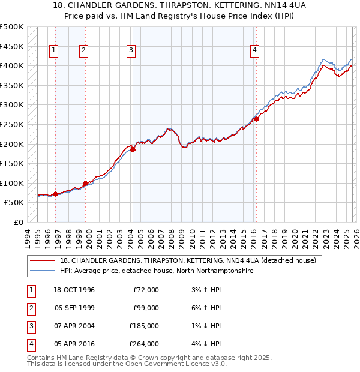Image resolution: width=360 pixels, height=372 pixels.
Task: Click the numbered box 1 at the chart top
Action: coord(54,51)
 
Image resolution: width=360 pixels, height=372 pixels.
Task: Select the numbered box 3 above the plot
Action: coord(130,51)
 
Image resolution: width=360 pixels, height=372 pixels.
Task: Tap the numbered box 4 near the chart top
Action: coord(255,51)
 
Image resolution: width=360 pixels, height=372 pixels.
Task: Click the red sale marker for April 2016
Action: coord(256,119)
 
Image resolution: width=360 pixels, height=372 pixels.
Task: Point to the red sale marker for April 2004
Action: coord(133,150)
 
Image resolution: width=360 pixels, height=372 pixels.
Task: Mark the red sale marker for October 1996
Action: coord(56,194)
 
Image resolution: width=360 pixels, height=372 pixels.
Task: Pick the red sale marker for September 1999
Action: coord(85,183)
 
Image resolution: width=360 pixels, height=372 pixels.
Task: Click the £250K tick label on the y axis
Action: coord(13,125)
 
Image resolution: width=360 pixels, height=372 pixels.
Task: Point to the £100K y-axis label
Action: coord(13,183)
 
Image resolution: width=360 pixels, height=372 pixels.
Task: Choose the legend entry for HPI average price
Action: coord(157,271)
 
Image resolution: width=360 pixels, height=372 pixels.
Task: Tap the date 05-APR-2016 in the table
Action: coord(74,344)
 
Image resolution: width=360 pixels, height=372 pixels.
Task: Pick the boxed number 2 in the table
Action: coord(29,308)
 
